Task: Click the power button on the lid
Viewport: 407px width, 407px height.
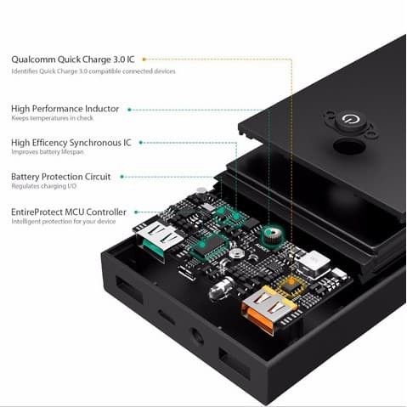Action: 348,122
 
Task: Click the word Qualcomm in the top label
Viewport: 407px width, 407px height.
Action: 37,59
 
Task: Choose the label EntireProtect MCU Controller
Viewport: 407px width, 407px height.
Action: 69,212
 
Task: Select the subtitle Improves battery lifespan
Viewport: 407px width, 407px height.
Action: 48,153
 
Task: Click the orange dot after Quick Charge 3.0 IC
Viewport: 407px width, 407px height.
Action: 144,59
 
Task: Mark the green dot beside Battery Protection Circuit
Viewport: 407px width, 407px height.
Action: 123,177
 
